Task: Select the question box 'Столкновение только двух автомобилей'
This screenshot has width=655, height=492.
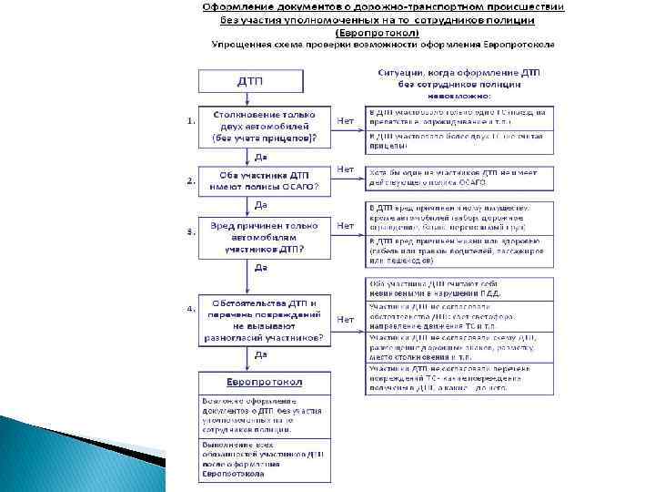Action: pyautogui.click(x=263, y=127)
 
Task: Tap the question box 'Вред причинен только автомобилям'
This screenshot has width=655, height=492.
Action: pyautogui.click(x=263, y=235)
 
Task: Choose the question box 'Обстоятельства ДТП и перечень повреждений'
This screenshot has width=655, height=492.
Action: pyautogui.click(x=263, y=319)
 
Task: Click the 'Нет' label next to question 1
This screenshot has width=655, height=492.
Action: pyautogui.click(x=346, y=119)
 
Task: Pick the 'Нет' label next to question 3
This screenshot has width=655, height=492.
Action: pyautogui.click(x=346, y=226)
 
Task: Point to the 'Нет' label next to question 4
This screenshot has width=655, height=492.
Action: pyautogui.click(x=346, y=319)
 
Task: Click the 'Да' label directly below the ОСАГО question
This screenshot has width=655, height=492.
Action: pyautogui.click(x=261, y=204)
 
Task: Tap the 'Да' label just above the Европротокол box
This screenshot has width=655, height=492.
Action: pyautogui.click(x=261, y=354)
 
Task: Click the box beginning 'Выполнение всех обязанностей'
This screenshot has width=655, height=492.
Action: pyautogui.click(x=263, y=458)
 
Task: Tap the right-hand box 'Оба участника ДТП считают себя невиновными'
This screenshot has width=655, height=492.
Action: pyautogui.click(x=459, y=288)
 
